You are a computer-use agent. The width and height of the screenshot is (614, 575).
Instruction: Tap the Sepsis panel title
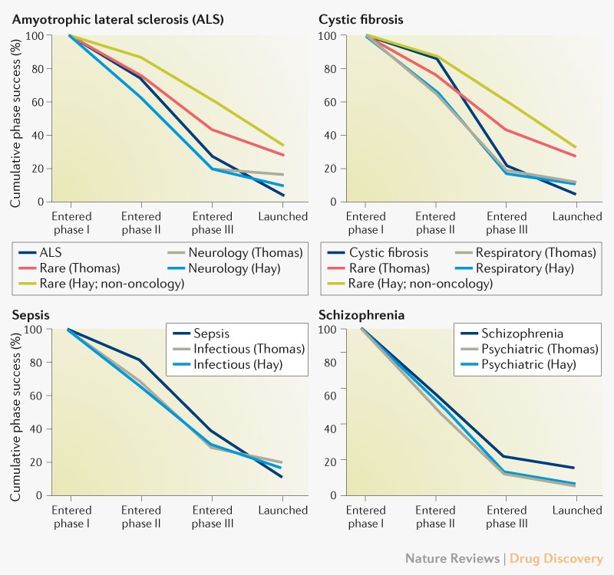pyautogui.click(x=28, y=314)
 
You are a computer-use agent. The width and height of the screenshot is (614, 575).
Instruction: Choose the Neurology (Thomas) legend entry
pyautogui.click(x=235, y=252)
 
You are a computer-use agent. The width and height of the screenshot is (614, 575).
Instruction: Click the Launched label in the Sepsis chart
pyautogui.click(x=283, y=511)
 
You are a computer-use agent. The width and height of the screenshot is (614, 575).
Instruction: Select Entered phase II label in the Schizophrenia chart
pyautogui.click(x=435, y=517)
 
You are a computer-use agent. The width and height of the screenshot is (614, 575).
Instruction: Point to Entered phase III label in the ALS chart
pyautogui.click(x=212, y=223)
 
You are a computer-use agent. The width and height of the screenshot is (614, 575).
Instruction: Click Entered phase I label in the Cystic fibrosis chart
pyautogui.click(x=366, y=223)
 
